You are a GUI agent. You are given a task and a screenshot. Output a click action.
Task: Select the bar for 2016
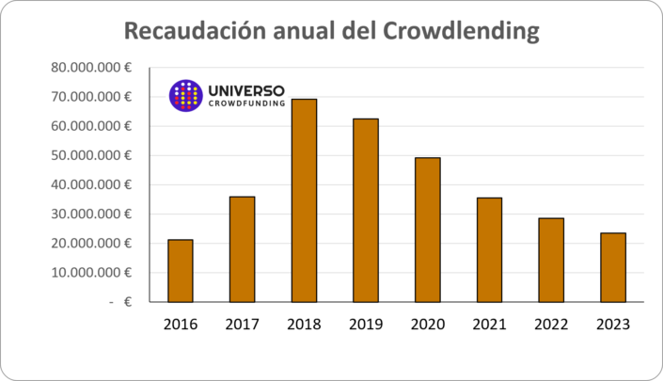point(181,271)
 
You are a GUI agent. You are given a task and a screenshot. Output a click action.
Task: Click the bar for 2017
point(243,249)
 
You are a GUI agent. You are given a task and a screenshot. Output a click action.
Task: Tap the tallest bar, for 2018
point(304,200)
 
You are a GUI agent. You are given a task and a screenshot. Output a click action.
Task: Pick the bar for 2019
point(366,210)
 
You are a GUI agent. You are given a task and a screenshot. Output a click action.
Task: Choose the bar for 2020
point(428,230)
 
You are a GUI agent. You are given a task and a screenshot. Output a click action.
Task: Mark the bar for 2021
point(489,250)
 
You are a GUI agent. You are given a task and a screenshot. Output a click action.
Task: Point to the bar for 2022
point(551,260)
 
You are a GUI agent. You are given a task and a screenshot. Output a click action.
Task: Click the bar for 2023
point(613,267)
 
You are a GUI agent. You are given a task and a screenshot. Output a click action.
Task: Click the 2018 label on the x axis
point(304,325)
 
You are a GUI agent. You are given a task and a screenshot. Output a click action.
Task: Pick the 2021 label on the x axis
point(489,325)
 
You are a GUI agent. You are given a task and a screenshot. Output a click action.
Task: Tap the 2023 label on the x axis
point(613,325)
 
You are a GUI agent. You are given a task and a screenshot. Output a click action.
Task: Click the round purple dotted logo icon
point(185,95)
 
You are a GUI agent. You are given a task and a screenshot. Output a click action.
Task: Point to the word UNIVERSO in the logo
point(245,89)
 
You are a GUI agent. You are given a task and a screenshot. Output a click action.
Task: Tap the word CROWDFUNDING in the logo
point(245,104)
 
